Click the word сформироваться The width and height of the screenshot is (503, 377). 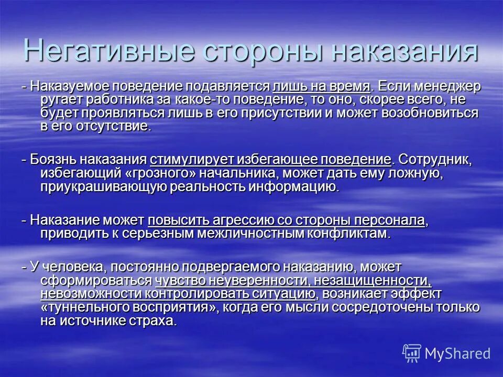coord(96,280)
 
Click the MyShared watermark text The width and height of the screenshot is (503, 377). coord(458,353)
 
